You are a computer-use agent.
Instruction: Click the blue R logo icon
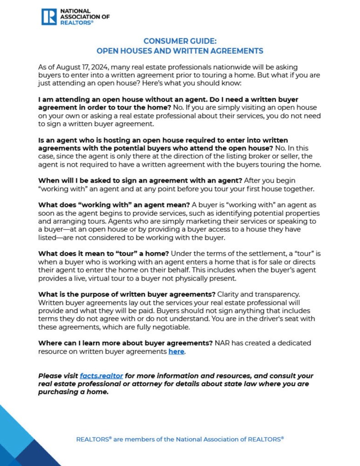[x=49, y=16]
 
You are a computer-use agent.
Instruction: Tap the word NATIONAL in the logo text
[x=75, y=10]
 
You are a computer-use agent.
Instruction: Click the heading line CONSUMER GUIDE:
[x=180, y=41]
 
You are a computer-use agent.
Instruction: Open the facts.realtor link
[x=101, y=376]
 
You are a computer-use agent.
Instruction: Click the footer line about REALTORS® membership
[x=180, y=439]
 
